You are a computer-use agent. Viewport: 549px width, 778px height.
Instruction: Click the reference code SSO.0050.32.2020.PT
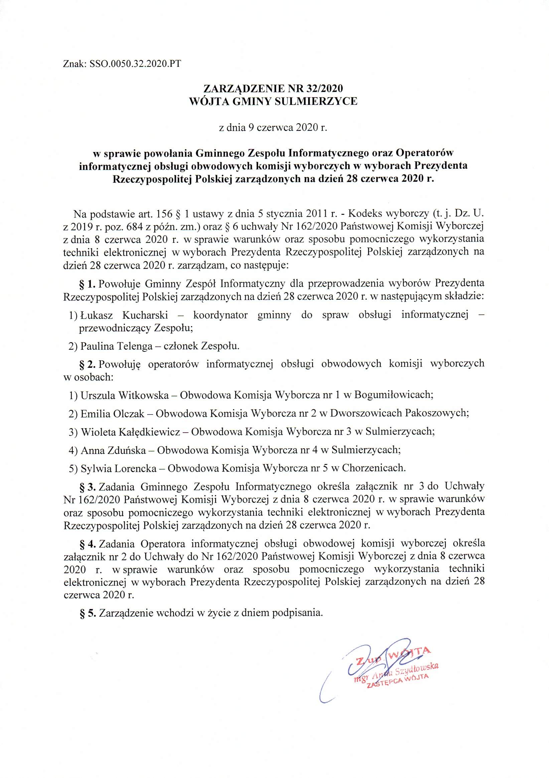[x=135, y=64]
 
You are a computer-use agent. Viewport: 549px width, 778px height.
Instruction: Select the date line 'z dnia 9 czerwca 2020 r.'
[x=273, y=128]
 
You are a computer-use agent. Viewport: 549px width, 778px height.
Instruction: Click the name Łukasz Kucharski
[x=124, y=315]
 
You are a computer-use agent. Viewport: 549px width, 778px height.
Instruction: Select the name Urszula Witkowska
[x=125, y=395]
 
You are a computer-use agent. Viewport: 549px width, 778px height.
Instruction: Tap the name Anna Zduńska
[x=113, y=450]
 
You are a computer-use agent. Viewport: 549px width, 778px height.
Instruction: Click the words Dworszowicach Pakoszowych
[x=399, y=414]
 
